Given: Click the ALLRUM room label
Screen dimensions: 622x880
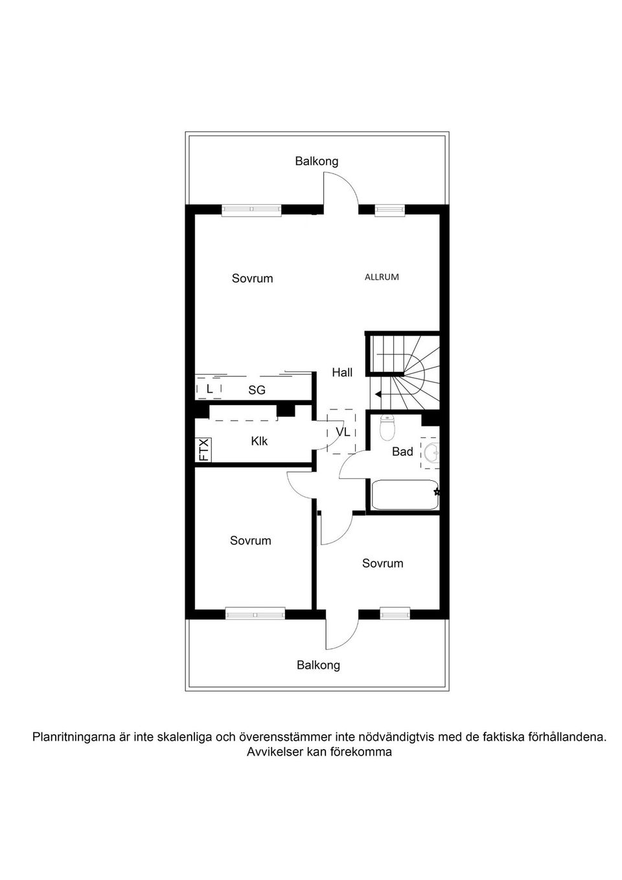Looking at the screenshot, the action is (x=382, y=277).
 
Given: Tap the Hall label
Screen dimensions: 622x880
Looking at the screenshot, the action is (x=342, y=373).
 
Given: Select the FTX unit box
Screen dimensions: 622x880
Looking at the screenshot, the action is (x=203, y=450).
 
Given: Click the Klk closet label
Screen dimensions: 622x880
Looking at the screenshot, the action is (x=259, y=441).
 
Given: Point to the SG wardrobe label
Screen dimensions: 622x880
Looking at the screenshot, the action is (x=257, y=390).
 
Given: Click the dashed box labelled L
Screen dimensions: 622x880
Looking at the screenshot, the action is (x=209, y=389).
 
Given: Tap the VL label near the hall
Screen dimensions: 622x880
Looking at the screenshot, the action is (x=342, y=432).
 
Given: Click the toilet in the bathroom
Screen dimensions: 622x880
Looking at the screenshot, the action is (x=387, y=428).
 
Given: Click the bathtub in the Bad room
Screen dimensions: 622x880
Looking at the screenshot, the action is (x=405, y=494).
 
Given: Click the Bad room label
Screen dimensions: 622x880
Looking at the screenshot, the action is (x=402, y=452).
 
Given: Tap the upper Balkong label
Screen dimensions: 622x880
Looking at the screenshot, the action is (x=316, y=161).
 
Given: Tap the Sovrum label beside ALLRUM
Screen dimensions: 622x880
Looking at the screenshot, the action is (x=252, y=279).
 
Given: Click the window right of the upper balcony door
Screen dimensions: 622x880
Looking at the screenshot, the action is (x=389, y=210).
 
